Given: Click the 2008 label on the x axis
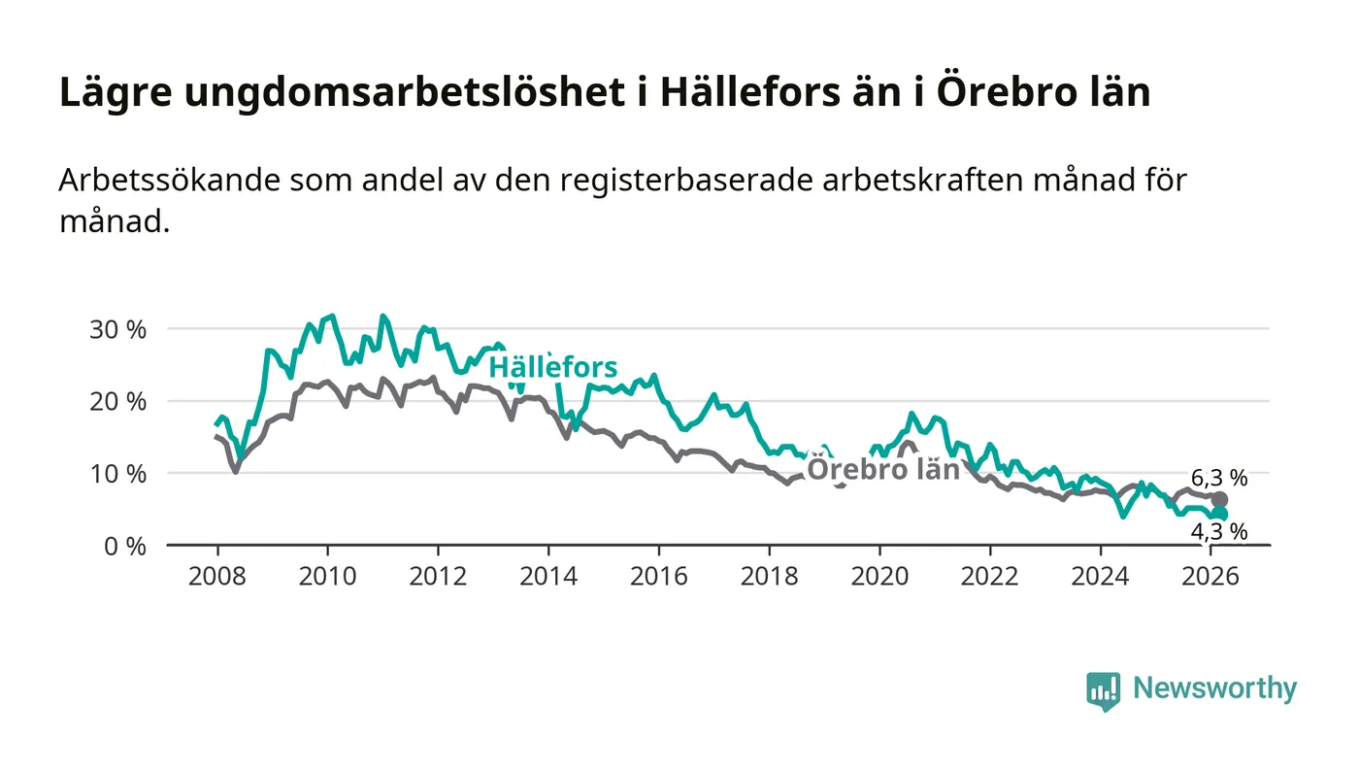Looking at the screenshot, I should point(216,576).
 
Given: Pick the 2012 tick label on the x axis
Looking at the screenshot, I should point(438,576).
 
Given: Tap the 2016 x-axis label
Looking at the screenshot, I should point(658,576).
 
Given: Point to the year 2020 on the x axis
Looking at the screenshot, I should point(879,576).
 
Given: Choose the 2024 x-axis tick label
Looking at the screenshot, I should point(1101,576).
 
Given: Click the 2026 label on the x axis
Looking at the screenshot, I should point(1210,576).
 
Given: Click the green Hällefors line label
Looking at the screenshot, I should point(552,368).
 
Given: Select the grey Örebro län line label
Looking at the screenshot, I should point(883,470).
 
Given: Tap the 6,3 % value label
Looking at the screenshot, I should point(1218,477).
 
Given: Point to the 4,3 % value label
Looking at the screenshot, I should point(1218,532).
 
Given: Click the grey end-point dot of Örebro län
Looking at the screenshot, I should point(1220,499).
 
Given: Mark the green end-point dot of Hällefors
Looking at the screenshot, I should point(1220,514).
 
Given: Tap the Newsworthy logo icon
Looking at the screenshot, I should point(1103,691).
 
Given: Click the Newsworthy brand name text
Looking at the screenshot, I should point(1214,688).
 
